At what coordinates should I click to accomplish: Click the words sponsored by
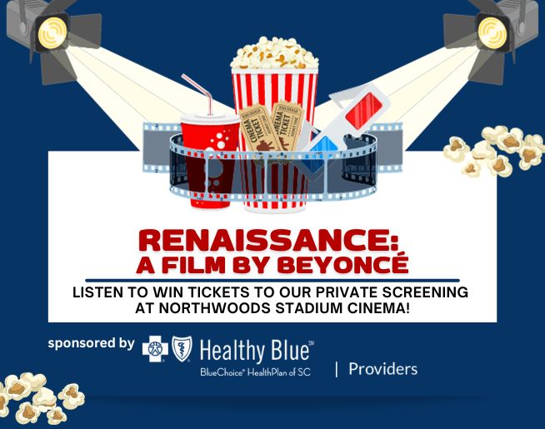(x=91, y=342)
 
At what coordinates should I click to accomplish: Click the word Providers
(x=382, y=368)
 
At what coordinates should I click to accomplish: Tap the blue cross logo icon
(x=155, y=351)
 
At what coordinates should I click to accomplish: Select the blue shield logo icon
(x=182, y=351)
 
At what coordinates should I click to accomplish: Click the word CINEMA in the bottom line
(x=367, y=307)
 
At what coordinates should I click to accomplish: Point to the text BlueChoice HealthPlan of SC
(x=255, y=372)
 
